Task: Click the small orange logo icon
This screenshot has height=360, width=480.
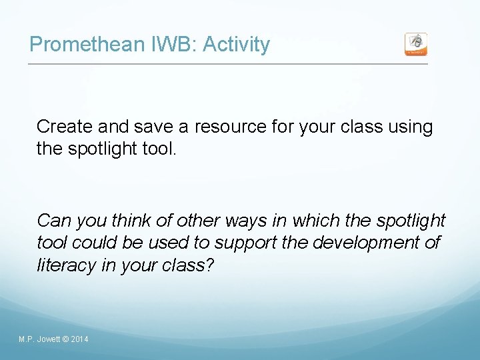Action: (x=416, y=45)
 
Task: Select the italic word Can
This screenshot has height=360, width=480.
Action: (x=51, y=220)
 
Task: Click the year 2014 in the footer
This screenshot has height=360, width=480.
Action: (x=79, y=340)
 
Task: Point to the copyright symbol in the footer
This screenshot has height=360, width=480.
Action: (x=65, y=340)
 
